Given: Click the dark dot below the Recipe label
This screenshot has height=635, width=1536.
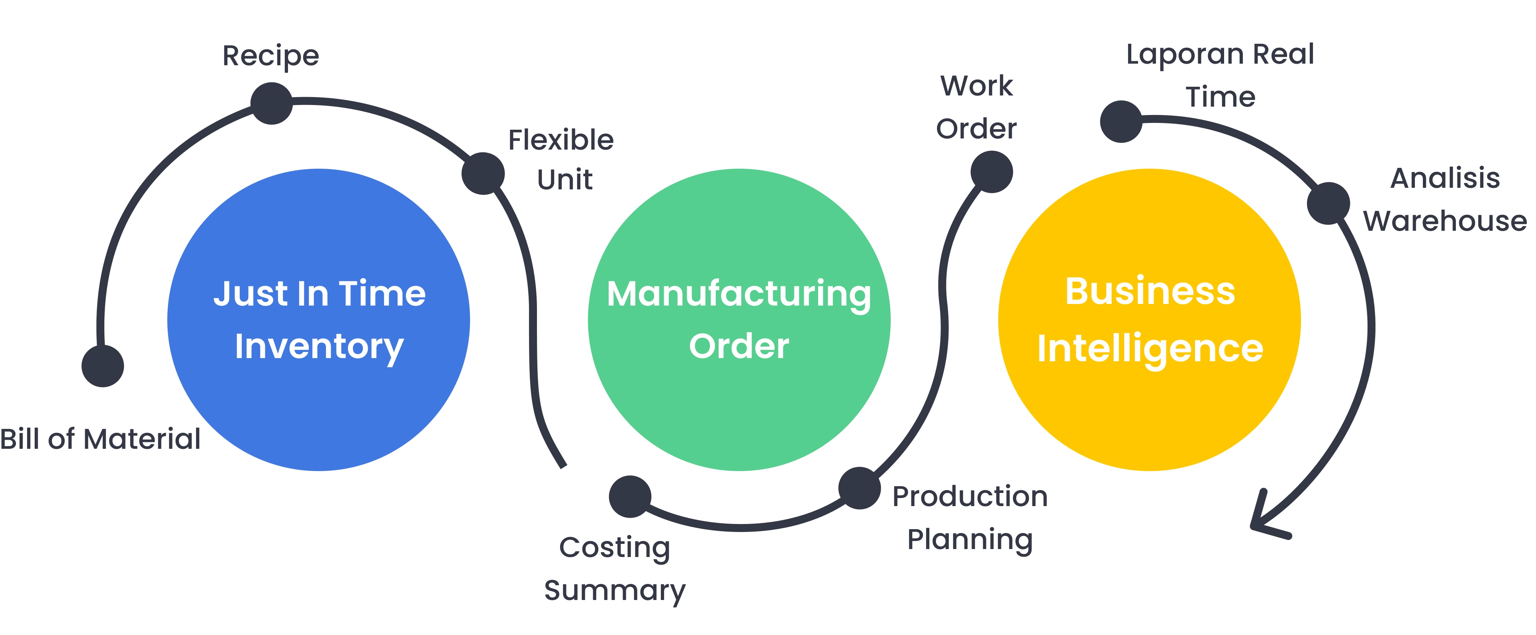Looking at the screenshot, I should click(271, 104).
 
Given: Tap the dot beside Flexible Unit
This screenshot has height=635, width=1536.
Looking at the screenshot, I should click(483, 173).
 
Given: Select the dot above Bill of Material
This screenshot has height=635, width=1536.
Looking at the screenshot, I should click(102, 366).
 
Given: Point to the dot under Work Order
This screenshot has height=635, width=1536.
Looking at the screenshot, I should click(991, 172).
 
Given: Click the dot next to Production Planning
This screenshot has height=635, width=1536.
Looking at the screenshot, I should click(859, 488).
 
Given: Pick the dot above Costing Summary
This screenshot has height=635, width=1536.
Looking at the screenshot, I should click(630, 496).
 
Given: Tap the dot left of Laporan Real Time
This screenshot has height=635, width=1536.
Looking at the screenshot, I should click(1121, 121).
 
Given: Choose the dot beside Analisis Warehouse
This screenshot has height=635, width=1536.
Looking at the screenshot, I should click(1328, 203).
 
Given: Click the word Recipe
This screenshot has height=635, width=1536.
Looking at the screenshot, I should click(271, 56).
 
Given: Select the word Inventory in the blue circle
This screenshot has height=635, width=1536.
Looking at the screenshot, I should click(319, 347).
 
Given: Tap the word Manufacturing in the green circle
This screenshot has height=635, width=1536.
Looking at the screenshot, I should click(739, 294).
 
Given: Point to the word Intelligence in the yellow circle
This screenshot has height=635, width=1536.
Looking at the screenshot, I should click(1150, 349).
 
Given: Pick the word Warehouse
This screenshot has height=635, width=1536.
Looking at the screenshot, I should click(1445, 221).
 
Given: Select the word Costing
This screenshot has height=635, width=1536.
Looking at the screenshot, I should click(614, 547).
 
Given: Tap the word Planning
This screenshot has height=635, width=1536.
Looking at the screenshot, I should click(970, 540).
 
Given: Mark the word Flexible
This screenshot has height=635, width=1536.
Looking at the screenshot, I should click(560, 140).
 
